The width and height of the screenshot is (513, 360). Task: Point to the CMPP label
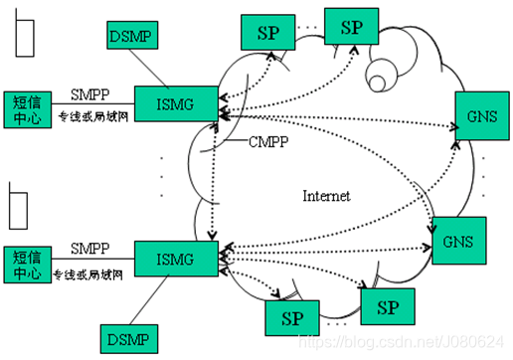pos(270,142)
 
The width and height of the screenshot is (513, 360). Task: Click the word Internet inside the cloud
pos(326,196)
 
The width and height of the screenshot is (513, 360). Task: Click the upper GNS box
pos(475,116)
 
